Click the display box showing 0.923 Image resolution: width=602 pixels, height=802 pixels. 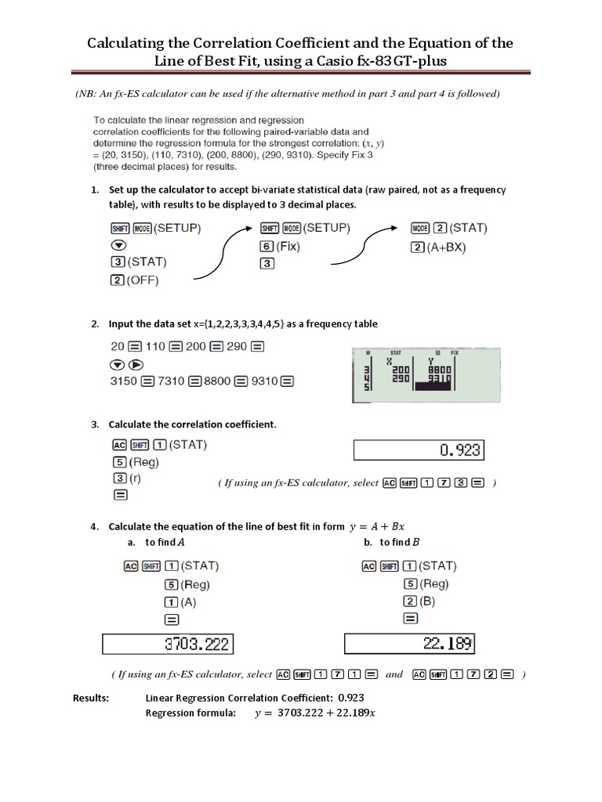tap(419, 450)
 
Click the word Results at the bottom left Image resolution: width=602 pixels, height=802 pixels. tap(92, 698)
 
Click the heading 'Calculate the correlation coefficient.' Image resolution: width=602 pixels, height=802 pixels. tap(192, 424)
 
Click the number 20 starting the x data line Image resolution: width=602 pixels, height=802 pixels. tap(118, 346)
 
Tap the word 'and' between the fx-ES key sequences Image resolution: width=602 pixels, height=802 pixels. tap(394, 674)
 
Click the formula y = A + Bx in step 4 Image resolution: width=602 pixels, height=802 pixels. tap(380, 526)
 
